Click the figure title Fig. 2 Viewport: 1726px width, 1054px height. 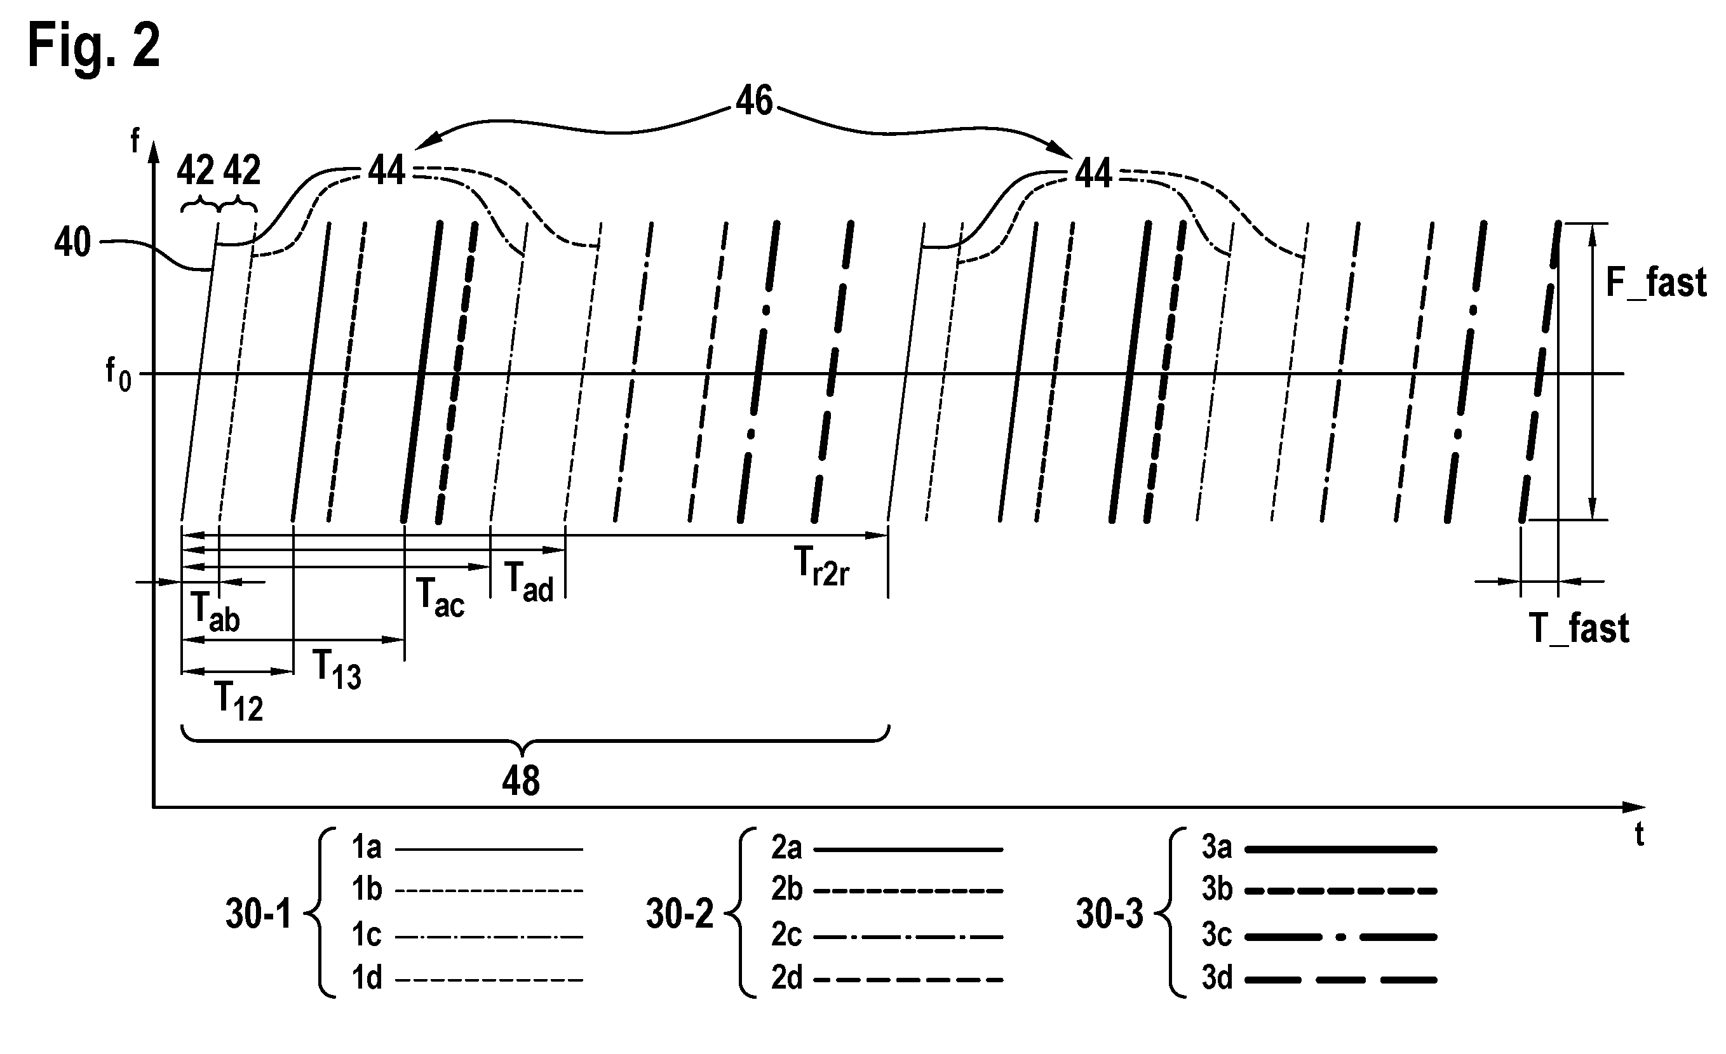pyautogui.click(x=94, y=45)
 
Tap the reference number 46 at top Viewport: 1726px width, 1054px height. pyautogui.click(x=755, y=101)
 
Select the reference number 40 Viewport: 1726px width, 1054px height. pyautogui.click(x=72, y=243)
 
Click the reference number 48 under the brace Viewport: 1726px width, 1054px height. pyautogui.click(x=520, y=781)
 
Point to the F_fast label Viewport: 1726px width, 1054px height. pyautogui.click(x=1656, y=283)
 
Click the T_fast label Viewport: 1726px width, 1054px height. pyautogui.click(x=1579, y=628)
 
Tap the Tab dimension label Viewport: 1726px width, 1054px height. pyautogui.click(x=215, y=612)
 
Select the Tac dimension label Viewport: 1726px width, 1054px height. pyautogui.click(x=440, y=597)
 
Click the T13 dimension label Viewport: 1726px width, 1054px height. pyautogui.click(x=337, y=669)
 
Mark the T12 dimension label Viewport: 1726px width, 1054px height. pyautogui.click(x=239, y=701)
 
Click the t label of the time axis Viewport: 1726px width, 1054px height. pyautogui.click(x=1640, y=835)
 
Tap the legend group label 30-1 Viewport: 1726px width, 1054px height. pyautogui.click(x=258, y=914)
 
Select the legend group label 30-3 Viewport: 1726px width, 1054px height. pyautogui.click(x=1110, y=914)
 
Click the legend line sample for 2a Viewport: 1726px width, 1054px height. pyautogui.click(x=908, y=850)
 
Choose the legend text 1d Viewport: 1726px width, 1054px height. pyautogui.click(x=367, y=978)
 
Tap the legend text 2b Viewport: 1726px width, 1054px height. pyautogui.click(x=786, y=890)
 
